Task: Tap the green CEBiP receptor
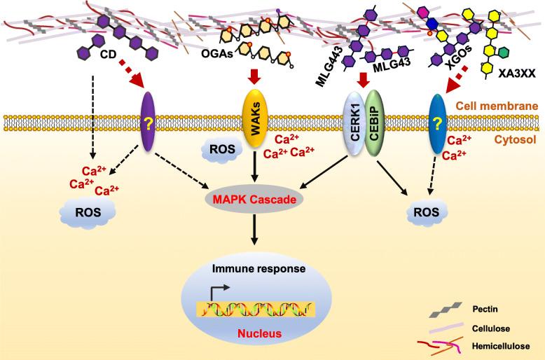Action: pos(375,116)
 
